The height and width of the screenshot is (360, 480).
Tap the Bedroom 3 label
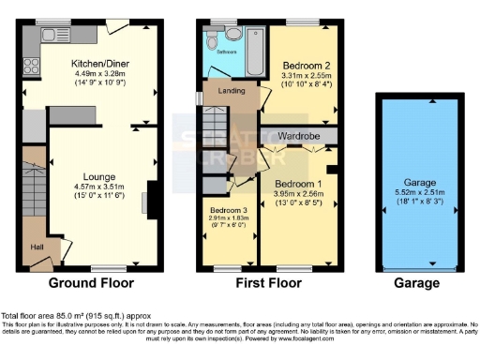[229, 210]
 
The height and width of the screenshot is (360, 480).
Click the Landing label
[232, 91]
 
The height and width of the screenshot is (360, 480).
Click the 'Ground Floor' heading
[92, 282]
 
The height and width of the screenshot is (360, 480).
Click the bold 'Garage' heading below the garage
[416, 282]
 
